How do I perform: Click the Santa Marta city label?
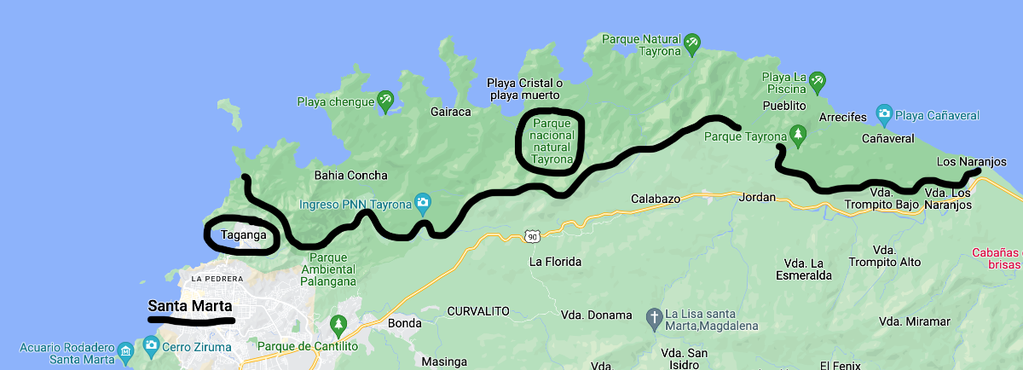190,306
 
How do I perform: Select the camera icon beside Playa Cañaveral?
885,114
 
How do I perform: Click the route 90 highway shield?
532,235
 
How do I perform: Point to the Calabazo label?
656,199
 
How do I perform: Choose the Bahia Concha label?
351,176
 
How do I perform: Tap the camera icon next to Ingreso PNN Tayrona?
422,203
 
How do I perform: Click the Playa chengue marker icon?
385,101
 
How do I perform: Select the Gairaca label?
451,112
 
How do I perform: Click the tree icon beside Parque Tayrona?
798,134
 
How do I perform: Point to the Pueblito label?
785,106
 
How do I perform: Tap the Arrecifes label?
842,117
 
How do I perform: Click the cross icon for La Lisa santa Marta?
655,316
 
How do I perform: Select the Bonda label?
404,324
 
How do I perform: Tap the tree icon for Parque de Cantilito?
338,324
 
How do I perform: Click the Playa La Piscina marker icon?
818,80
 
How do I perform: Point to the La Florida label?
555,262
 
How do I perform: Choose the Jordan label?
758,197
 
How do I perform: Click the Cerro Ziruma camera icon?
152,346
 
